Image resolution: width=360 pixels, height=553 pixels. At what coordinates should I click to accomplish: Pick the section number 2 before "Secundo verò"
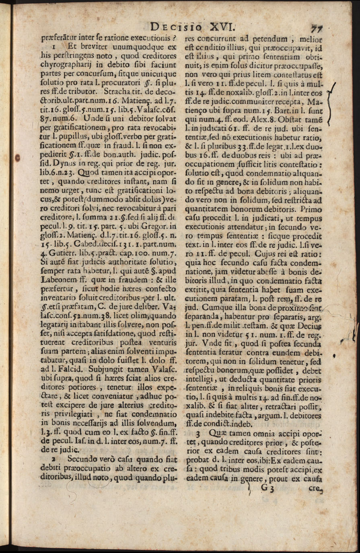pyautogui.click(x=53, y=458)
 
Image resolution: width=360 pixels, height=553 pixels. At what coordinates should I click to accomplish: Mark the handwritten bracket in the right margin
pyautogui.click(x=332, y=103)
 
